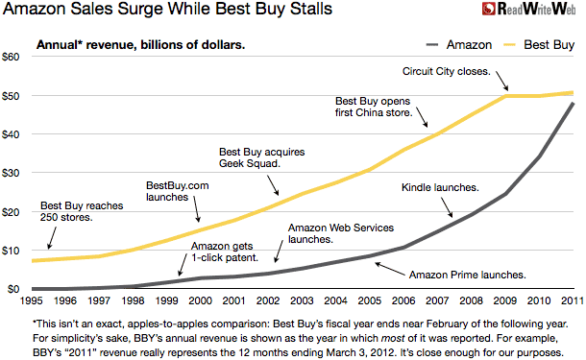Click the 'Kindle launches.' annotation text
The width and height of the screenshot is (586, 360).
(440, 188)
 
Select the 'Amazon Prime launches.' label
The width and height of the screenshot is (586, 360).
(467, 274)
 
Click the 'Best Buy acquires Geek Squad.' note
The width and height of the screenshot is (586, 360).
(258, 157)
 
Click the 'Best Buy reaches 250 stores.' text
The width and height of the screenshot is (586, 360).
(75, 212)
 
